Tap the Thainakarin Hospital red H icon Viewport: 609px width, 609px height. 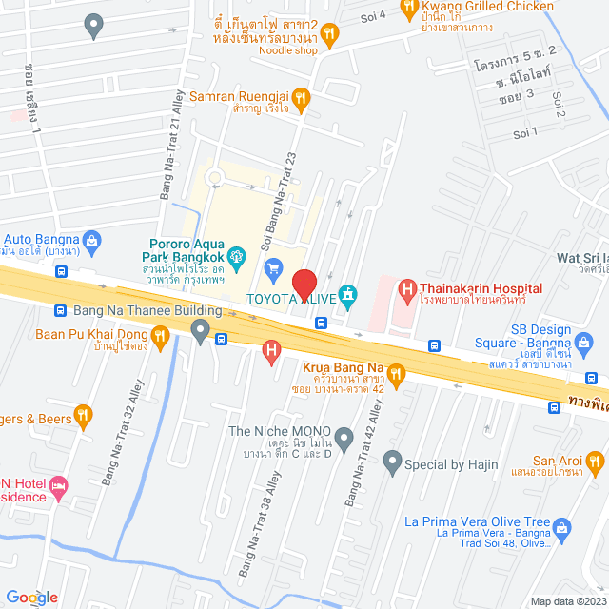(407, 287)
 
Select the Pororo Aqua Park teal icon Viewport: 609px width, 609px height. (239, 255)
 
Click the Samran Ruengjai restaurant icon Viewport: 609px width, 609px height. (301, 96)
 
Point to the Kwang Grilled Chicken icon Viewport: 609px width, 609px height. (411, 10)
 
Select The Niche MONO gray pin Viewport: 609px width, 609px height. (344, 439)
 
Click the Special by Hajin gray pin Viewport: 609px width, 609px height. (391, 464)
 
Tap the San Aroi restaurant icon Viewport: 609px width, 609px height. (596, 462)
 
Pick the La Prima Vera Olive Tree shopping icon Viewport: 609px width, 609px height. (562, 526)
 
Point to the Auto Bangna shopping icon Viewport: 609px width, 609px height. (91, 239)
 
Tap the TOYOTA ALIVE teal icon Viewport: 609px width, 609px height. (348, 298)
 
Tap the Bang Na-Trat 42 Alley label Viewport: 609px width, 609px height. (363, 454)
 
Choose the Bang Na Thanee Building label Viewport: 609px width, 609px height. (137, 310)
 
